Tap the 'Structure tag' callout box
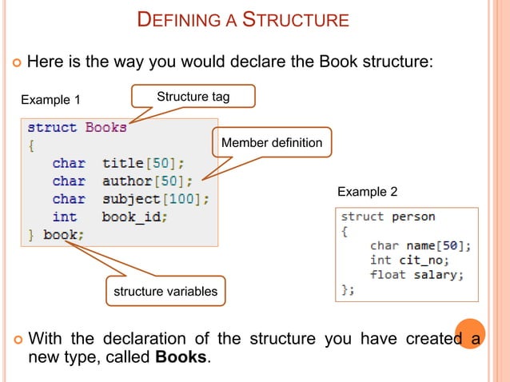click(193, 97)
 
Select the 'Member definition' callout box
click(271, 143)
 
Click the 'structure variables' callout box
click(165, 292)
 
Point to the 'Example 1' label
click(50, 100)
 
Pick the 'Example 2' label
click(367, 192)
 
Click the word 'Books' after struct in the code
click(106, 128)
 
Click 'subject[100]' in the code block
click(156, 199)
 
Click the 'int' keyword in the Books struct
click(65, 217)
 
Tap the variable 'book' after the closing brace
click(62, 235)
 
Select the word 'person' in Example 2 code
click(413, 217)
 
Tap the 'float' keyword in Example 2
click(387, 275)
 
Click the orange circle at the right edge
click(470, 335)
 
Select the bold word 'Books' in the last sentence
click(181, 356)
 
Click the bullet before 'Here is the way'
click(17, 62)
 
